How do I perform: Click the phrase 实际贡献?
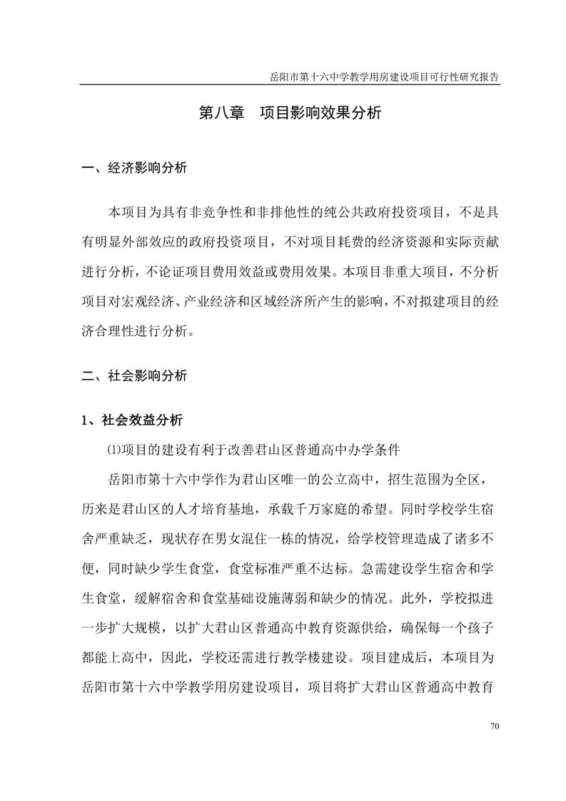click(468, 242)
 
